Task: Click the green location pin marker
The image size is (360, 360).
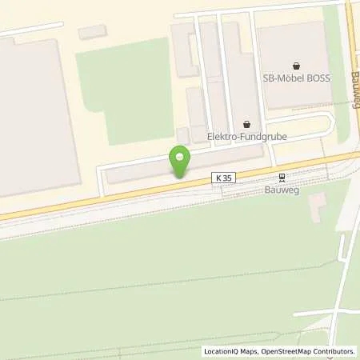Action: (x=179, y=161)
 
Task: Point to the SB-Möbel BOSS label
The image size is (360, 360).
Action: (x=297, y=78)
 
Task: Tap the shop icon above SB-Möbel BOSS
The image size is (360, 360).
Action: (x=297, y=66)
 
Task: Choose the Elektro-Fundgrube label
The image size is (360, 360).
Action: (x=246, y=137)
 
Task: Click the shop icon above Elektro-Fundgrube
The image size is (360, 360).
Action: (x=246, y=125)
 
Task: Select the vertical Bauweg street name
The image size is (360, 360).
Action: (x=353, y=88)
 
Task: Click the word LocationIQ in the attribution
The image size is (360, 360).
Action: (x=221, y=351)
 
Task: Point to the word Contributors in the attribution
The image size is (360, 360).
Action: (x=334, y=351)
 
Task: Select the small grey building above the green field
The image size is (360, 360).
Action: (x=92, y=32)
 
